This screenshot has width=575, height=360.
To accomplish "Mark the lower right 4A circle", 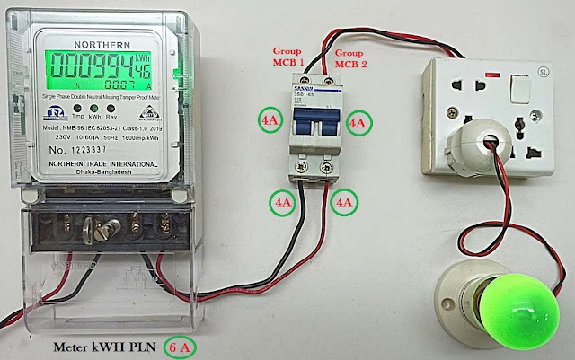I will point(344,203).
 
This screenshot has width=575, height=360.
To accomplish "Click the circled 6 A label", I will point(183,345).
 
